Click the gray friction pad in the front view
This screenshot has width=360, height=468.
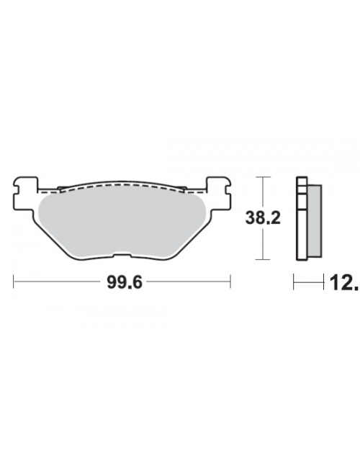(x=122, y=223)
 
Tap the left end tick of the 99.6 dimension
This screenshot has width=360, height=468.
(x=14, y=282)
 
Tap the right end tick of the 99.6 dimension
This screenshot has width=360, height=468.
(x=230, y=282)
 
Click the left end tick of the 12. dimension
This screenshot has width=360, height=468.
(x=294, y=282)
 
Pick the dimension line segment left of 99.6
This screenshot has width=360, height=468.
(x=58, y=282)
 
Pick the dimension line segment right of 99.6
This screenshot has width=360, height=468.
(x=187, y=282)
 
